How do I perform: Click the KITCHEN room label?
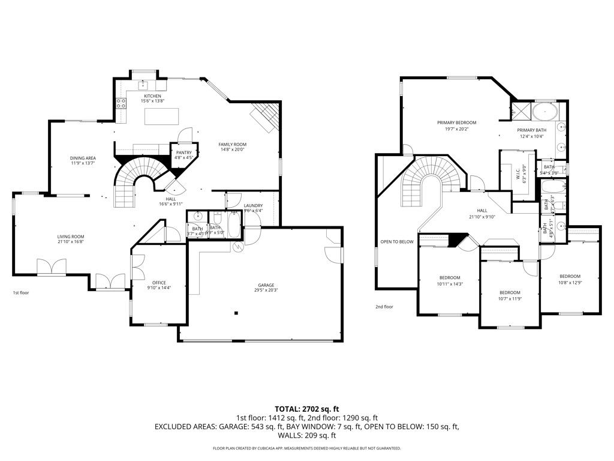(x=151, y=96)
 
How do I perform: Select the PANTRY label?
(x=183, y=152)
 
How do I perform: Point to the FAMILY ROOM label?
(x=232, y=144)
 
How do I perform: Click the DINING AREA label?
(x=83, y=158)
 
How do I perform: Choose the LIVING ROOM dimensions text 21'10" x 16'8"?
(x=70, y=243)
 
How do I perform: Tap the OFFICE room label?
(x=159, y=282)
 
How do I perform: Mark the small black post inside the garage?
(x=236, y=312)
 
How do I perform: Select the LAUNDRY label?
(x=253, y=205)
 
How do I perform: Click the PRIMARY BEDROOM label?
(x=456, y=122)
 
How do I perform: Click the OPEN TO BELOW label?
(x=397, y=242)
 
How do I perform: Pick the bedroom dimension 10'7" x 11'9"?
(x=510, y=298)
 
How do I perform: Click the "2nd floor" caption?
(x=384, y=307)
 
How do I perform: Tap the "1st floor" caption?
(x=21, y=293)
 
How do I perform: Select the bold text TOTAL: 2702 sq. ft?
(x=306, y=409)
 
